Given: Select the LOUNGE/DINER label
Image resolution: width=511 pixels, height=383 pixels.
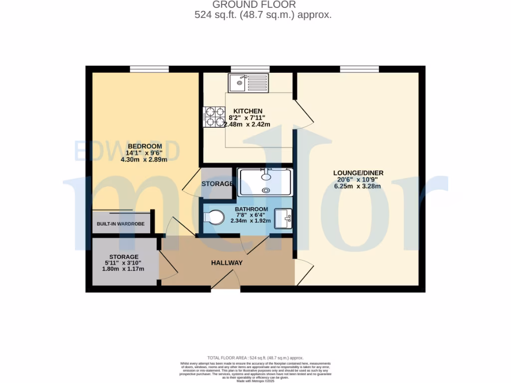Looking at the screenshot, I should [x=358, y=173].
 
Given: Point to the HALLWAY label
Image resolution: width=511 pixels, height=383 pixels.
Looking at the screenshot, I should [x=227, y=263].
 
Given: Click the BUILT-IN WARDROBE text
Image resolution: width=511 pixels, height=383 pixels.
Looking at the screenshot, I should [x=121, y=224].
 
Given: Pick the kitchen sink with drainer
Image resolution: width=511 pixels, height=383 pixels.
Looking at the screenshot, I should [x=248, y=83].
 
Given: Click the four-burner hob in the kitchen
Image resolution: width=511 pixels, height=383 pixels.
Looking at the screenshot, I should [x=214, y=117].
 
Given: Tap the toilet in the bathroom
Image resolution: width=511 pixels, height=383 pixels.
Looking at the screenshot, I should [x=215, y=218].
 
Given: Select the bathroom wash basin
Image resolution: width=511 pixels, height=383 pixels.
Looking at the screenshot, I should [x=283, y=218].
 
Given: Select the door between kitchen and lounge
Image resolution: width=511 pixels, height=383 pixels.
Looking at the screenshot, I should [x=303, y=114].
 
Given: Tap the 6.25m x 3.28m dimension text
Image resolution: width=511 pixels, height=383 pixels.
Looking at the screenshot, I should [x=358, y=187].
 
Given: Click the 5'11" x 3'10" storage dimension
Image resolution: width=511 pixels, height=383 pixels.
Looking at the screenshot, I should [x=120, y=263].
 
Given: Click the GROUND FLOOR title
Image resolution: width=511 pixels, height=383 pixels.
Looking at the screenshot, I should [x=255, y=5].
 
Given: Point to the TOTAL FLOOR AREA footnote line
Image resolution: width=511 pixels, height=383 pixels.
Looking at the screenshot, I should [x=255, y=358].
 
